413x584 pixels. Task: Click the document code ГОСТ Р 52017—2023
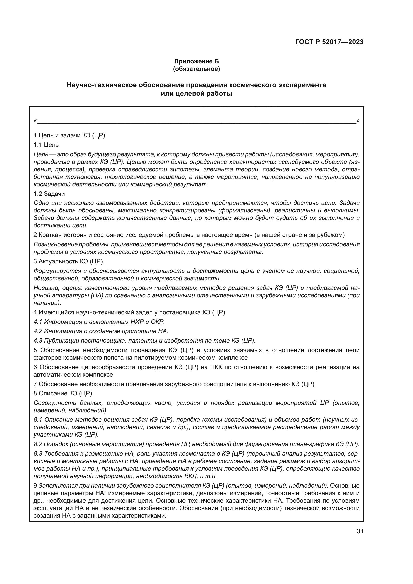coord(329,42)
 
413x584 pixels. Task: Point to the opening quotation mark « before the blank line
coord(35,121)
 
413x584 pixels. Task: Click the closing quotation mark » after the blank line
coord(358,121)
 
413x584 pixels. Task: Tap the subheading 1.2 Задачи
coord(49,194)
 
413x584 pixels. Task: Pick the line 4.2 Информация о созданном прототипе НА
coord(101,331)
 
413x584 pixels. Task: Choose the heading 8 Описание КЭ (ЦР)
coord(63,393)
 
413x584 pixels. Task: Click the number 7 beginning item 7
coord(35,384)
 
